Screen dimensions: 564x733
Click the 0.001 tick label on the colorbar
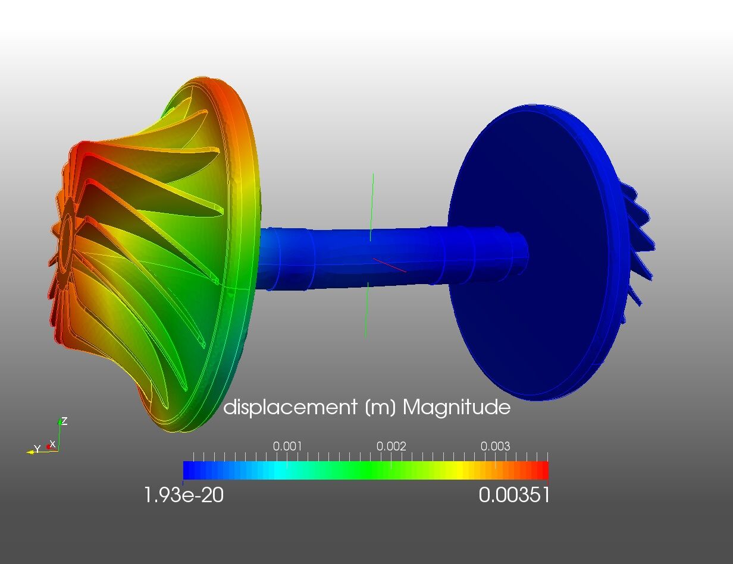[x=287, y=446]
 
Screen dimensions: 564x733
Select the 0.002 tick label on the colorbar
[x=391, y=446]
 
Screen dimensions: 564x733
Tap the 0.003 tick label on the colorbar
[x=495, y=446]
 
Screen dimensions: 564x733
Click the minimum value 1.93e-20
[x=184, y=494]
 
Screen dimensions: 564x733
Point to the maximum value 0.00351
[x=514, y=494]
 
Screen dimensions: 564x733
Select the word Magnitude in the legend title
[x=456, y=408]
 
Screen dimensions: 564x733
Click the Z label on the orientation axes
[x=64, y=421]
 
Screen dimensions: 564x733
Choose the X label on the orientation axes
[x=53, y=444]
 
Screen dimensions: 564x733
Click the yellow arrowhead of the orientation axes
[x=29, y=452]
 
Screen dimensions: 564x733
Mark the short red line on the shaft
[x=390, y=266]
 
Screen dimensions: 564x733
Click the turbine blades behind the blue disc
[x=640, y=244]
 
